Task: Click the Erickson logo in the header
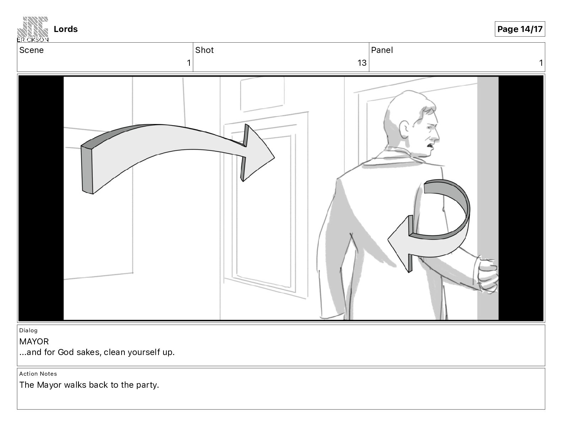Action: (33, 29)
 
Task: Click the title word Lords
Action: (65, 29)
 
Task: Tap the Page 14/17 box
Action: (520, 29)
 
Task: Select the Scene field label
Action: (31, 50)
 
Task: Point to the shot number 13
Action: (362, 63)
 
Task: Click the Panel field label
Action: (382, 50)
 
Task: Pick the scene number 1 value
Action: (189, 63)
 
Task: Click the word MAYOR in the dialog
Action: (34, 342)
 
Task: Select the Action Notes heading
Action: (38, 374)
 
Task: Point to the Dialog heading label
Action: (28, 330)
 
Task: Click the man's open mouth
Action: (430, 147)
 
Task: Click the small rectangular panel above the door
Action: (262, 94)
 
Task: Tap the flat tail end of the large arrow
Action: (87, 170)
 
